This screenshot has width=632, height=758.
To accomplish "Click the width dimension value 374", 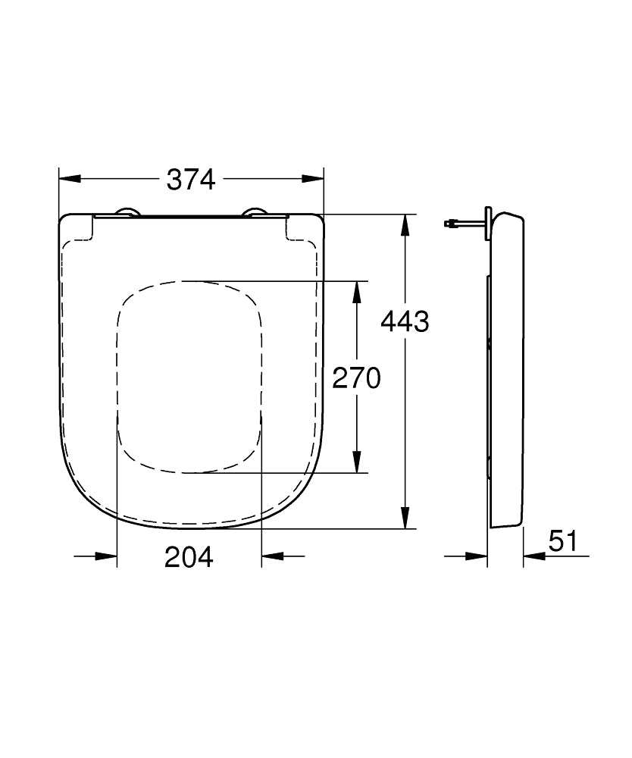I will coord(191,180).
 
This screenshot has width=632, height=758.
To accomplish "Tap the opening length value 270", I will coord(356,377).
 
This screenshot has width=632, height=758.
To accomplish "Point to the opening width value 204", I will coord(189,557).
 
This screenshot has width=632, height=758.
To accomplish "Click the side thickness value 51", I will coord(563,541).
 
